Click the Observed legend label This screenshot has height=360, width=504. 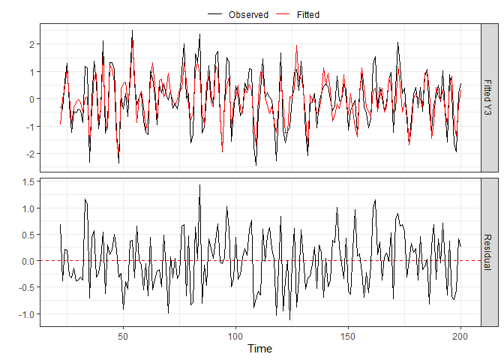pyautogui.click(x=248, y=14)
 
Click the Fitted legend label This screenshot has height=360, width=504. pyautogui.click(x=308, y=14)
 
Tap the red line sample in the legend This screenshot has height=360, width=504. pyautogui.click(x=284, y=14)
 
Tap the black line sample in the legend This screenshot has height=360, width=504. pyautogui.click(x=216, y=14)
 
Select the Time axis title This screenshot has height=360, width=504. pyautogui.click(x=259, y=349)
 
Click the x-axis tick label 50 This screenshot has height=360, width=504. pyautogui.click(x=123, y=334)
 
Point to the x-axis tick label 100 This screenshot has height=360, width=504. pyautogui.click(x=235, y=334)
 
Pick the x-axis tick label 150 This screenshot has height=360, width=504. pyautogui.click(x=349, y=334)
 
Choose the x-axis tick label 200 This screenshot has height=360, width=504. pyautogui.click(x=461, y=334)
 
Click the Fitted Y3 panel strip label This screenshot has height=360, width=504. pyautogui.click(x=488, y=98)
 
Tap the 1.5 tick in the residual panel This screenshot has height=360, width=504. pyautogui.click(x=28, y=181)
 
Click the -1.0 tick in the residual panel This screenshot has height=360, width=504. pyautogui.click(x=27, y=313)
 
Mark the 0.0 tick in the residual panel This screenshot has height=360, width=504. pyautogui.click(x=28, y=261)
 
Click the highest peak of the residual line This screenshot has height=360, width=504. pyautogui.click(x=199, y=184)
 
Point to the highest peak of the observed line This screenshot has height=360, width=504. pyautogui.click(x=132, y=31)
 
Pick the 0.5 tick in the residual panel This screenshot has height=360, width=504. pyautogui.click(x=28, y=235)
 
